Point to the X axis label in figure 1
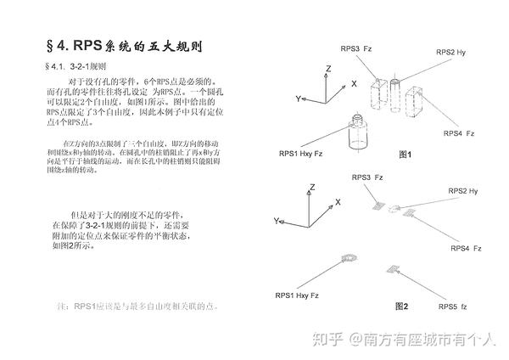point(353,83)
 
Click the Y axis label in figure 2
point(277,220)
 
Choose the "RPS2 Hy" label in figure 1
point(450,53)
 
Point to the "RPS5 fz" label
point(452,306)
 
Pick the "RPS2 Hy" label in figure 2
point(463,191)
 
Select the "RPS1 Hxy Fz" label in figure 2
point(297,295)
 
